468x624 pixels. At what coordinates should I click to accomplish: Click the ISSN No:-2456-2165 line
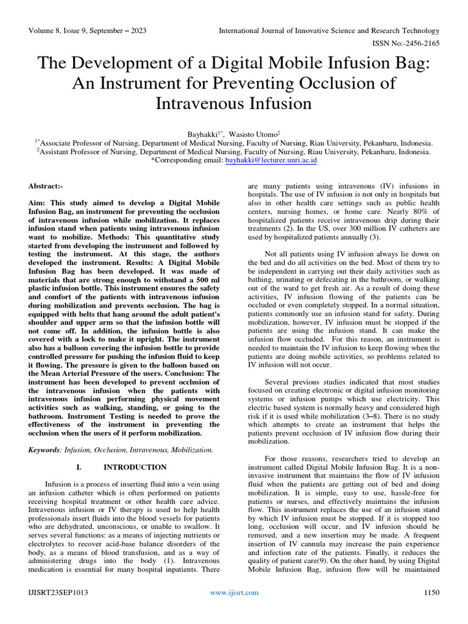coord(405,43)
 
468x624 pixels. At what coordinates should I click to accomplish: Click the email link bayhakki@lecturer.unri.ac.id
coord(271,161)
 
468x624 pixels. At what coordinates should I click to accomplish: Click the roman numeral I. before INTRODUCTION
coord(79,467)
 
